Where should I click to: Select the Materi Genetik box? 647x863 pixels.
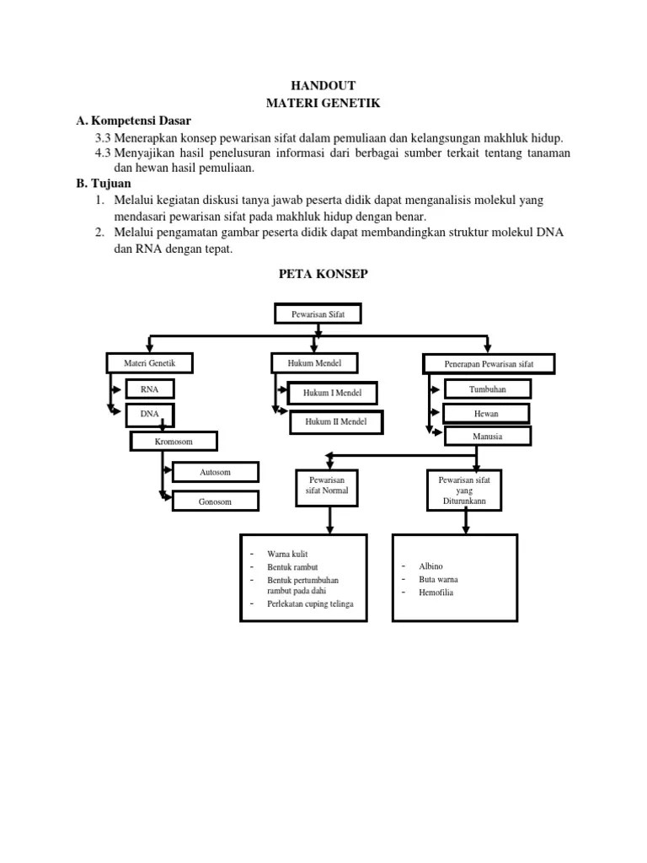(149, 362)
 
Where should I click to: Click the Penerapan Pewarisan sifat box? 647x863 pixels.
(489, 363)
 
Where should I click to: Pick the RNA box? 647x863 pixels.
(149, 389)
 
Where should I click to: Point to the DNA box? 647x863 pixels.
(149, 414)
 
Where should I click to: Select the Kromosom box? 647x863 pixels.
(174, 441)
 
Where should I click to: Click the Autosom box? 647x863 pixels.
(215, 472)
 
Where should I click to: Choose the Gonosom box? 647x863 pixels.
(215, 501)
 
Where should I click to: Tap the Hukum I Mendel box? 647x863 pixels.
(333, 393)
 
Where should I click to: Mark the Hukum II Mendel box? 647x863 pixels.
(335, 421)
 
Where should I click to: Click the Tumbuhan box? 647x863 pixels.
(488, 389)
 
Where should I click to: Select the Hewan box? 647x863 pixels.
(488, 413)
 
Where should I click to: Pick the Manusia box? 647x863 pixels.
(488, 436)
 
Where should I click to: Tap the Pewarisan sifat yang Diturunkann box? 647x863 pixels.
(464, 490)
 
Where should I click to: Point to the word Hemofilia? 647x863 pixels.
(436, 592)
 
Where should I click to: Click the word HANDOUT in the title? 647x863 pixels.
(323, 85)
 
